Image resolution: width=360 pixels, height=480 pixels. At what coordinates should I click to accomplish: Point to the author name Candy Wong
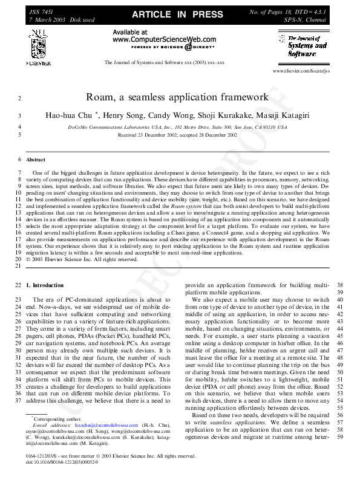tap(180, 115)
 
